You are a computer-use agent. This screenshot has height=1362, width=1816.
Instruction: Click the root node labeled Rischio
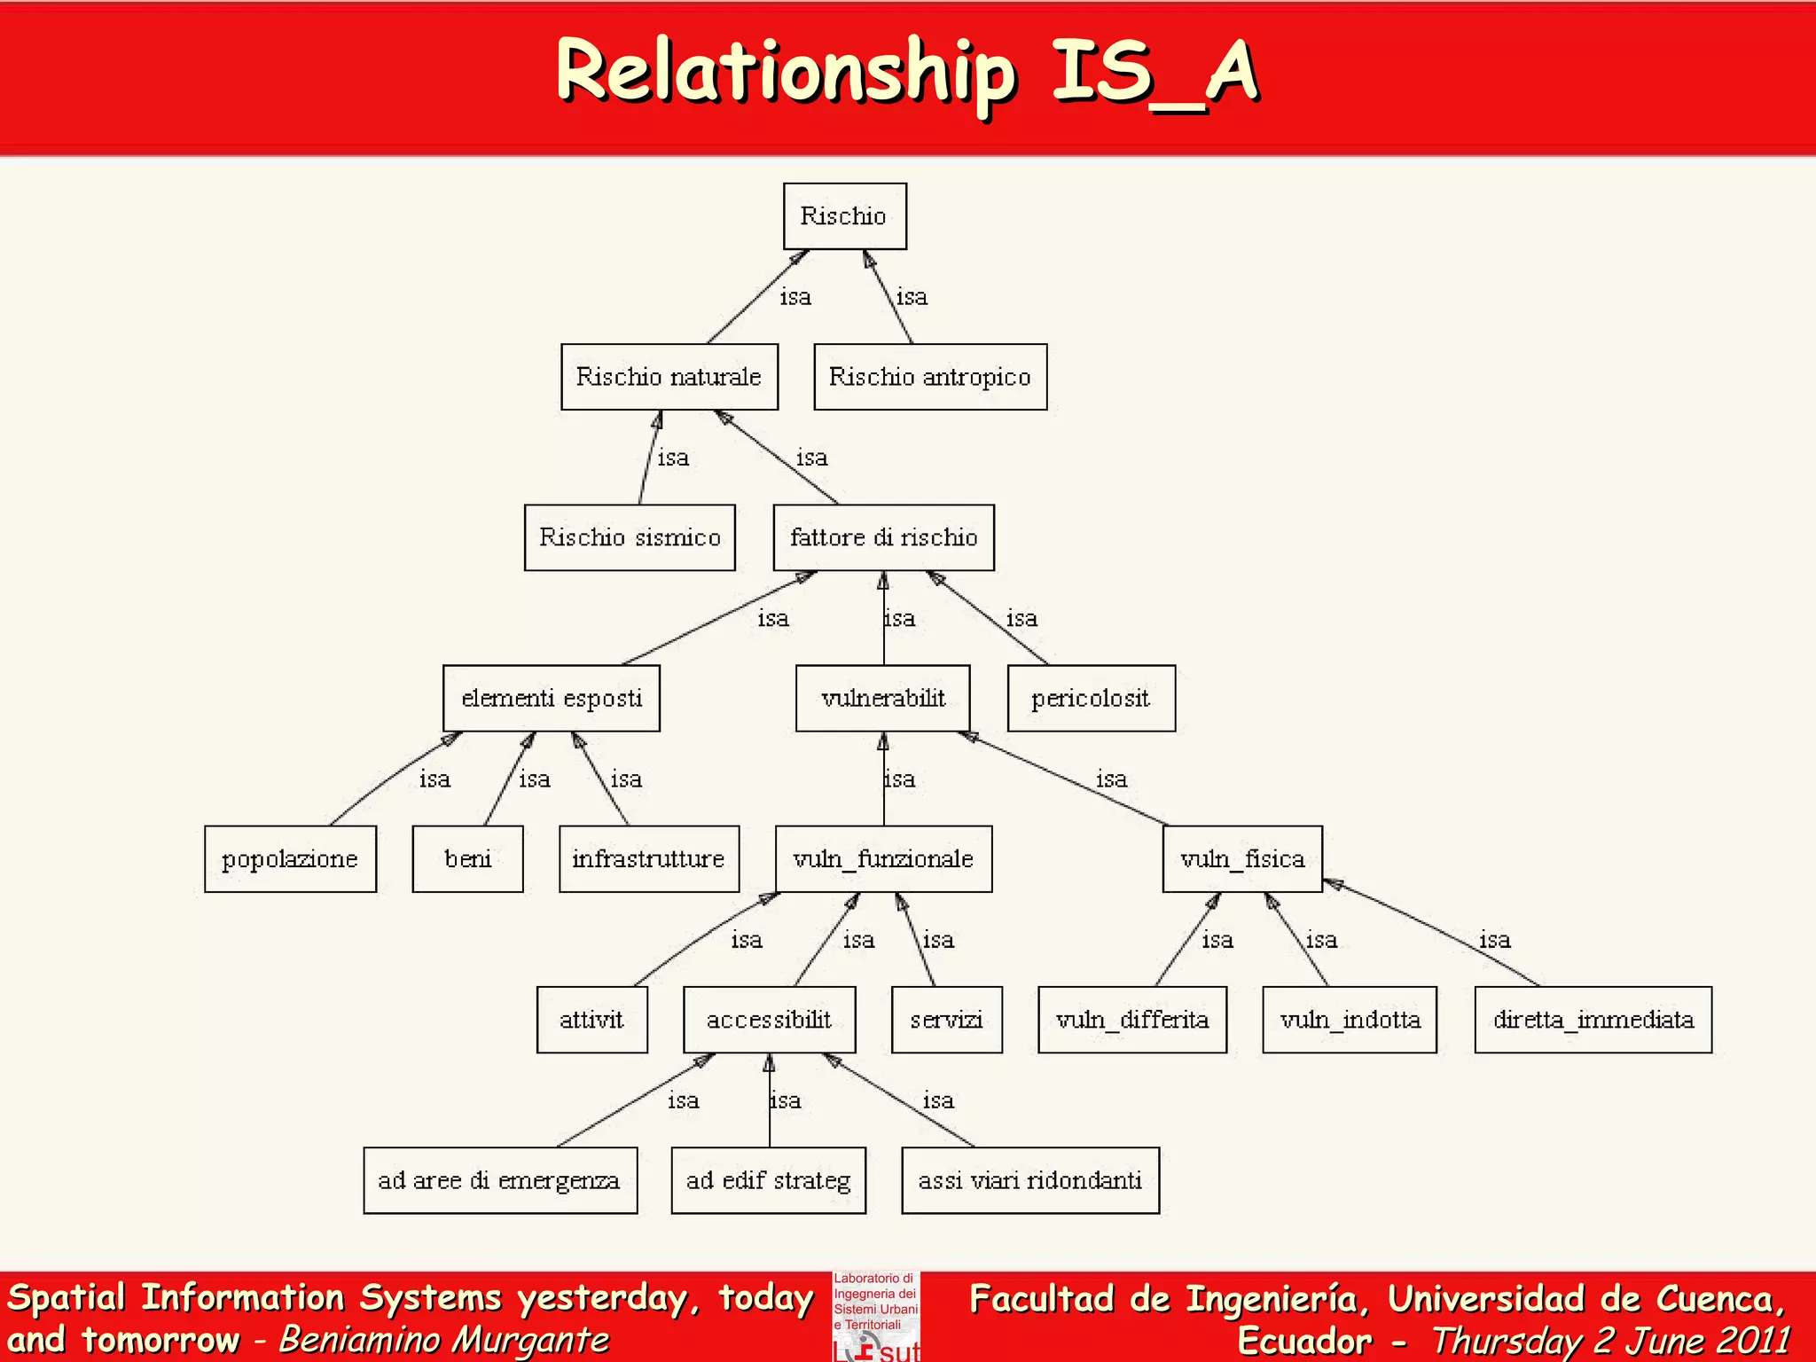coord(844,216)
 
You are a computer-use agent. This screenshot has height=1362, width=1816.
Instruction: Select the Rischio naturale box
coord(669,377)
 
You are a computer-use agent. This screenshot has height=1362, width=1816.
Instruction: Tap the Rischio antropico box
coord(930,377)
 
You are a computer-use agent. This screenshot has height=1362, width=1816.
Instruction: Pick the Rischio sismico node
coord(630,537)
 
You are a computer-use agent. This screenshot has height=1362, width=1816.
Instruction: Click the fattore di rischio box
coord(883,537)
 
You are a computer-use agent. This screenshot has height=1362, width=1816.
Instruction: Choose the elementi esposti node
coord(552,699)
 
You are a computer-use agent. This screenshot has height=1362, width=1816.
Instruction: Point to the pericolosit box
coord(1092,699)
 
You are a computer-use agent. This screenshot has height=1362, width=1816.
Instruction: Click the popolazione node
coord(290,859)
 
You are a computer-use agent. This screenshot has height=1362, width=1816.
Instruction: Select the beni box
coord(467,859)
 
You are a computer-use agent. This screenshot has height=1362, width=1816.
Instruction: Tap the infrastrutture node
coord(649,859)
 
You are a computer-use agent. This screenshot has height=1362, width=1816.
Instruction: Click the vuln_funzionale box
coord(883,859)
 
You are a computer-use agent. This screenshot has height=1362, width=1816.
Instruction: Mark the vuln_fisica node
coord(1242,859)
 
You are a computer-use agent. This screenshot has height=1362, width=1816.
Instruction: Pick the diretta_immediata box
coord(1593,1020)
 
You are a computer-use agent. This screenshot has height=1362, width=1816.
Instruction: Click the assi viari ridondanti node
coord(1030,1180)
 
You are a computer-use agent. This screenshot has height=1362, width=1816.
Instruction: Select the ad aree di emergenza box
coord(500,1180)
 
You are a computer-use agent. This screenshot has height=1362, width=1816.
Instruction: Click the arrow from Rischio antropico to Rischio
coord(888,298)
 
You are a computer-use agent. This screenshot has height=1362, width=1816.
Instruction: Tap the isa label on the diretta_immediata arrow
coord(1495,940)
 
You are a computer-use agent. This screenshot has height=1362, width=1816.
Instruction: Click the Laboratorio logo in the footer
coord(876,1317)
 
